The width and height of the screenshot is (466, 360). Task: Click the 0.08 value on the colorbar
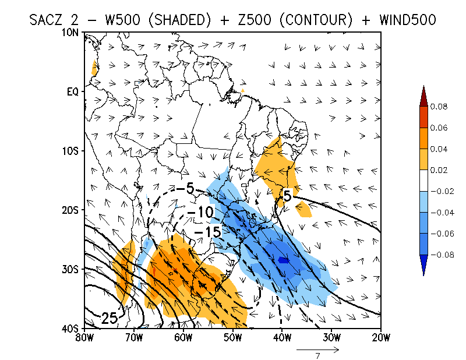click(x=439, y=107)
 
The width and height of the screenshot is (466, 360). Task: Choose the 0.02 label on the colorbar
click(x=439, y=170)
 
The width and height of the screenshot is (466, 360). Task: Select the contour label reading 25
click(x=110, y=318)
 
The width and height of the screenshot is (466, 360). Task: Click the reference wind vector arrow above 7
click(x=318, y=350)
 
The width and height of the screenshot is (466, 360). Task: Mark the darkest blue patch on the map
click(x=283, y=260)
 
